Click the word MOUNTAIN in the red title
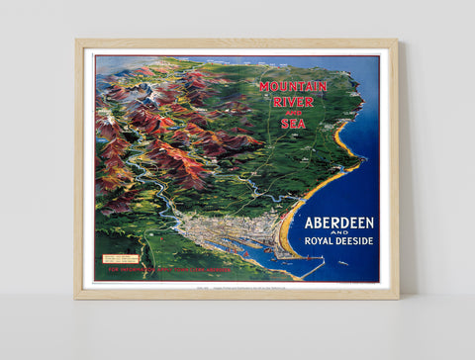pos(293,86)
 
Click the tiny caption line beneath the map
pos(237,287)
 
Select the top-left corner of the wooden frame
pos(77,42)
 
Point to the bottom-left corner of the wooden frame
pos(77,297)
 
